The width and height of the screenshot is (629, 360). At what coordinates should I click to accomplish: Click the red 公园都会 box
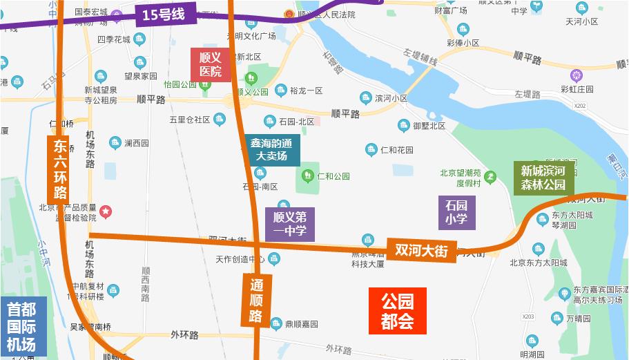click(397, 311)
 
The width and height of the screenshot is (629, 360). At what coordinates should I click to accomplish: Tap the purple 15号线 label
click(164, 14)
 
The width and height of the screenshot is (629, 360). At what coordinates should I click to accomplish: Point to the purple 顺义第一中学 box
click(290, 224)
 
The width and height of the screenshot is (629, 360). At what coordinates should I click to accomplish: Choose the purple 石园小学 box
click(456, 213)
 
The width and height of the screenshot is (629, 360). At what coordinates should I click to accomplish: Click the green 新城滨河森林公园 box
click(543, 178)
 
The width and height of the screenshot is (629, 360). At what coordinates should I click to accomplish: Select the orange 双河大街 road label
click(422, 250)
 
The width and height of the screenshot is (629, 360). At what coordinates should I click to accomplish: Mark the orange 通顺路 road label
click(255, 300)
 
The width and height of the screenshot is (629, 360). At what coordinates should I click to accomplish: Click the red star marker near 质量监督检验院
click(106, 211)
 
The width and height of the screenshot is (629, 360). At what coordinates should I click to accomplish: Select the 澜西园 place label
click(136, 143)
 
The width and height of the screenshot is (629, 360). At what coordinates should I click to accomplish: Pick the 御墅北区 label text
click(429, 126)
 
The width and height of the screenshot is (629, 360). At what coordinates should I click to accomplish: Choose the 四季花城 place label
click(113, 39)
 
